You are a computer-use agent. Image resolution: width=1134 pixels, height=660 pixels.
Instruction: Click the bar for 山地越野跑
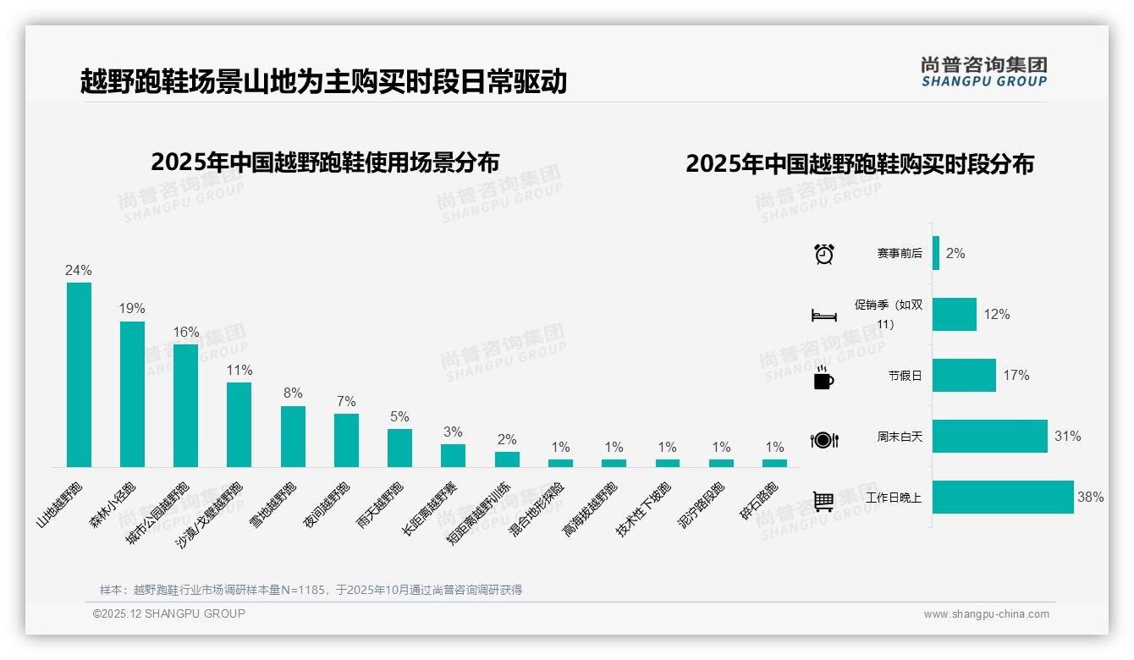pos(79,375)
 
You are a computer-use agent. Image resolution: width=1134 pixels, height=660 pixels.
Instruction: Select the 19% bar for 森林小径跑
pos(132,394)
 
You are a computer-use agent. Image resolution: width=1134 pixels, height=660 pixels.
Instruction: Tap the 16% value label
pos(186,333)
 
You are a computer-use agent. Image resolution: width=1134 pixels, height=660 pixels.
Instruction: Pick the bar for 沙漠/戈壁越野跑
pos(239,425)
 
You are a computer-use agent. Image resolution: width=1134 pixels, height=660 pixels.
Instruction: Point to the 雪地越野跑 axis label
pos(273,505)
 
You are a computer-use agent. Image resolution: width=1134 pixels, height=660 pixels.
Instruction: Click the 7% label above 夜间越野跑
pos(346,402)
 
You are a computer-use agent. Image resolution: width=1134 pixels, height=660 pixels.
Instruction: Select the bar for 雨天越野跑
pos(399,448)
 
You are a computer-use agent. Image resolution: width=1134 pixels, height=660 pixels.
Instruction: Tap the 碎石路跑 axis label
pos(759,502)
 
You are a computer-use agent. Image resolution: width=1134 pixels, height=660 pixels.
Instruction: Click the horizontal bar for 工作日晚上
pos(1003,498)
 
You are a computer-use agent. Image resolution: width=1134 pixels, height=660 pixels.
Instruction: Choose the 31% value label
pos(1067,437)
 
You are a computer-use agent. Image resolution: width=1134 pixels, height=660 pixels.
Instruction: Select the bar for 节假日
pos(964,376)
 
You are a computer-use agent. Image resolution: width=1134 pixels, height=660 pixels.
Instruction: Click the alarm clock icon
pos(824,254)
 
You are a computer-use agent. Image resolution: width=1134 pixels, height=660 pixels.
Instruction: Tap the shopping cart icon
pos(823,501)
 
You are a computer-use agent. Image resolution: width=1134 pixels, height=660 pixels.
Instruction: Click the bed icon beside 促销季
pos(823,316)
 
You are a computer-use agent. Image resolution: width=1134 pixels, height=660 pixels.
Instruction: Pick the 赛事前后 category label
pos(900,254)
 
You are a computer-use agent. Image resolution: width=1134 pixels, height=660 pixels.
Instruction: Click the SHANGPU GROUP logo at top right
pos(984,72)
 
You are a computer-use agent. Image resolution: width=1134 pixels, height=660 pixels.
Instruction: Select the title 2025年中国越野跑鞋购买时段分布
pos(860,164)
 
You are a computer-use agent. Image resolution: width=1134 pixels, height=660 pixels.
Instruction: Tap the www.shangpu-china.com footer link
pos(986,614)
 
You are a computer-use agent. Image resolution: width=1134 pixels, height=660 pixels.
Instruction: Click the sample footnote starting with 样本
pos(311,590)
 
